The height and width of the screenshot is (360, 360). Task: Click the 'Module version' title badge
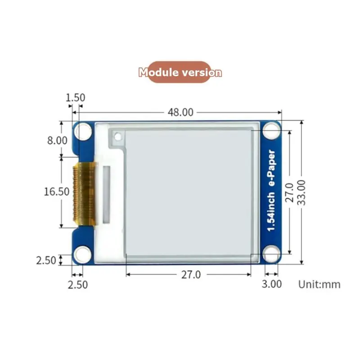click(x=180, y=72)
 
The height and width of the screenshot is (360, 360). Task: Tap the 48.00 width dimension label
click(x=180, y=112)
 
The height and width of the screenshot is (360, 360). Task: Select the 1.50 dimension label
click(x=75, y=98)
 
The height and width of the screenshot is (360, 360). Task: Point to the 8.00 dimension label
click(x=58, y=140)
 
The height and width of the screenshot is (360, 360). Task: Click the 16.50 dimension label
click(x=57, y=192)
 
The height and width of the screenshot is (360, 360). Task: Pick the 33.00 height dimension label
click(x=301, y=193)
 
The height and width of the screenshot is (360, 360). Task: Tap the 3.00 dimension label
click(x=272, y=284)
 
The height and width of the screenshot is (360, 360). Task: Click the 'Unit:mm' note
click(x=319, y=284)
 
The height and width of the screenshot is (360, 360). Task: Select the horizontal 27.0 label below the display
click(x=191, y=274)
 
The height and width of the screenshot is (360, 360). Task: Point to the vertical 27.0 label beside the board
click(x=289, y=193)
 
